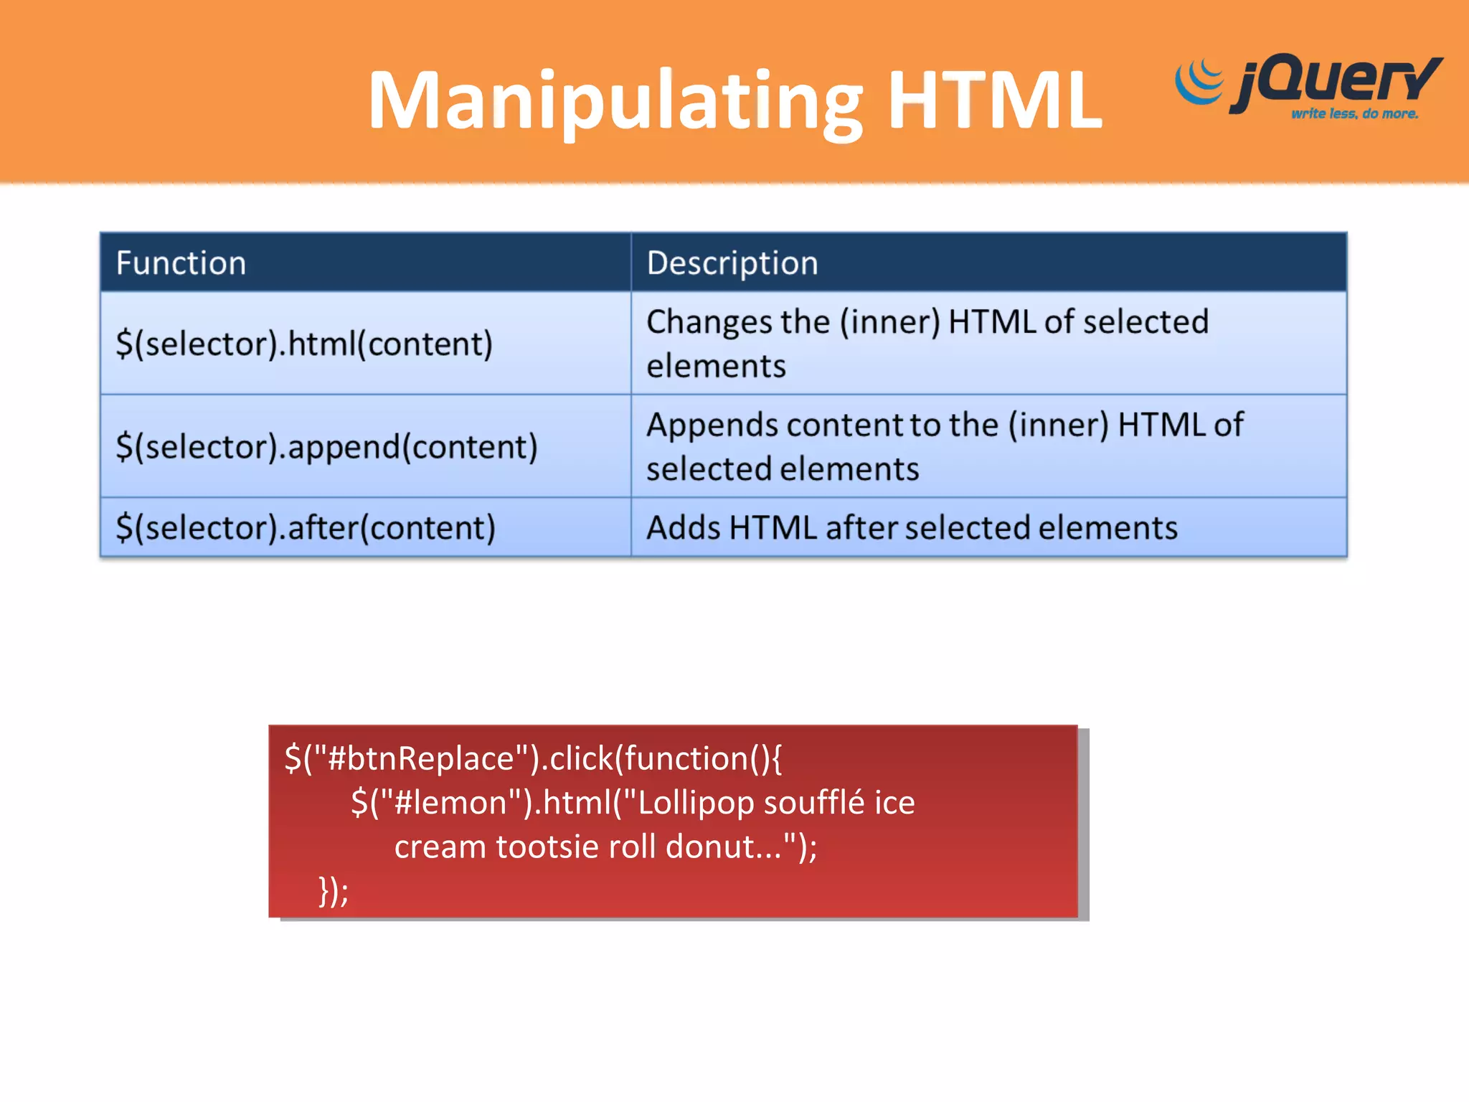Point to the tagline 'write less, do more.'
tap(1354, 113)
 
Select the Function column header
tap(181, 263)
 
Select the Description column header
tap(732, 263)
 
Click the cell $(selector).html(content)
tap(304, 344)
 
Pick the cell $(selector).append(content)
tap(326, 446)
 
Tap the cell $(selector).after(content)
tap(306, 527)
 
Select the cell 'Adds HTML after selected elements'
tap(912, 527)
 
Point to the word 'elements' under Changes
tap(716, 366)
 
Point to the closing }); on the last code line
tap(334, 891)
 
